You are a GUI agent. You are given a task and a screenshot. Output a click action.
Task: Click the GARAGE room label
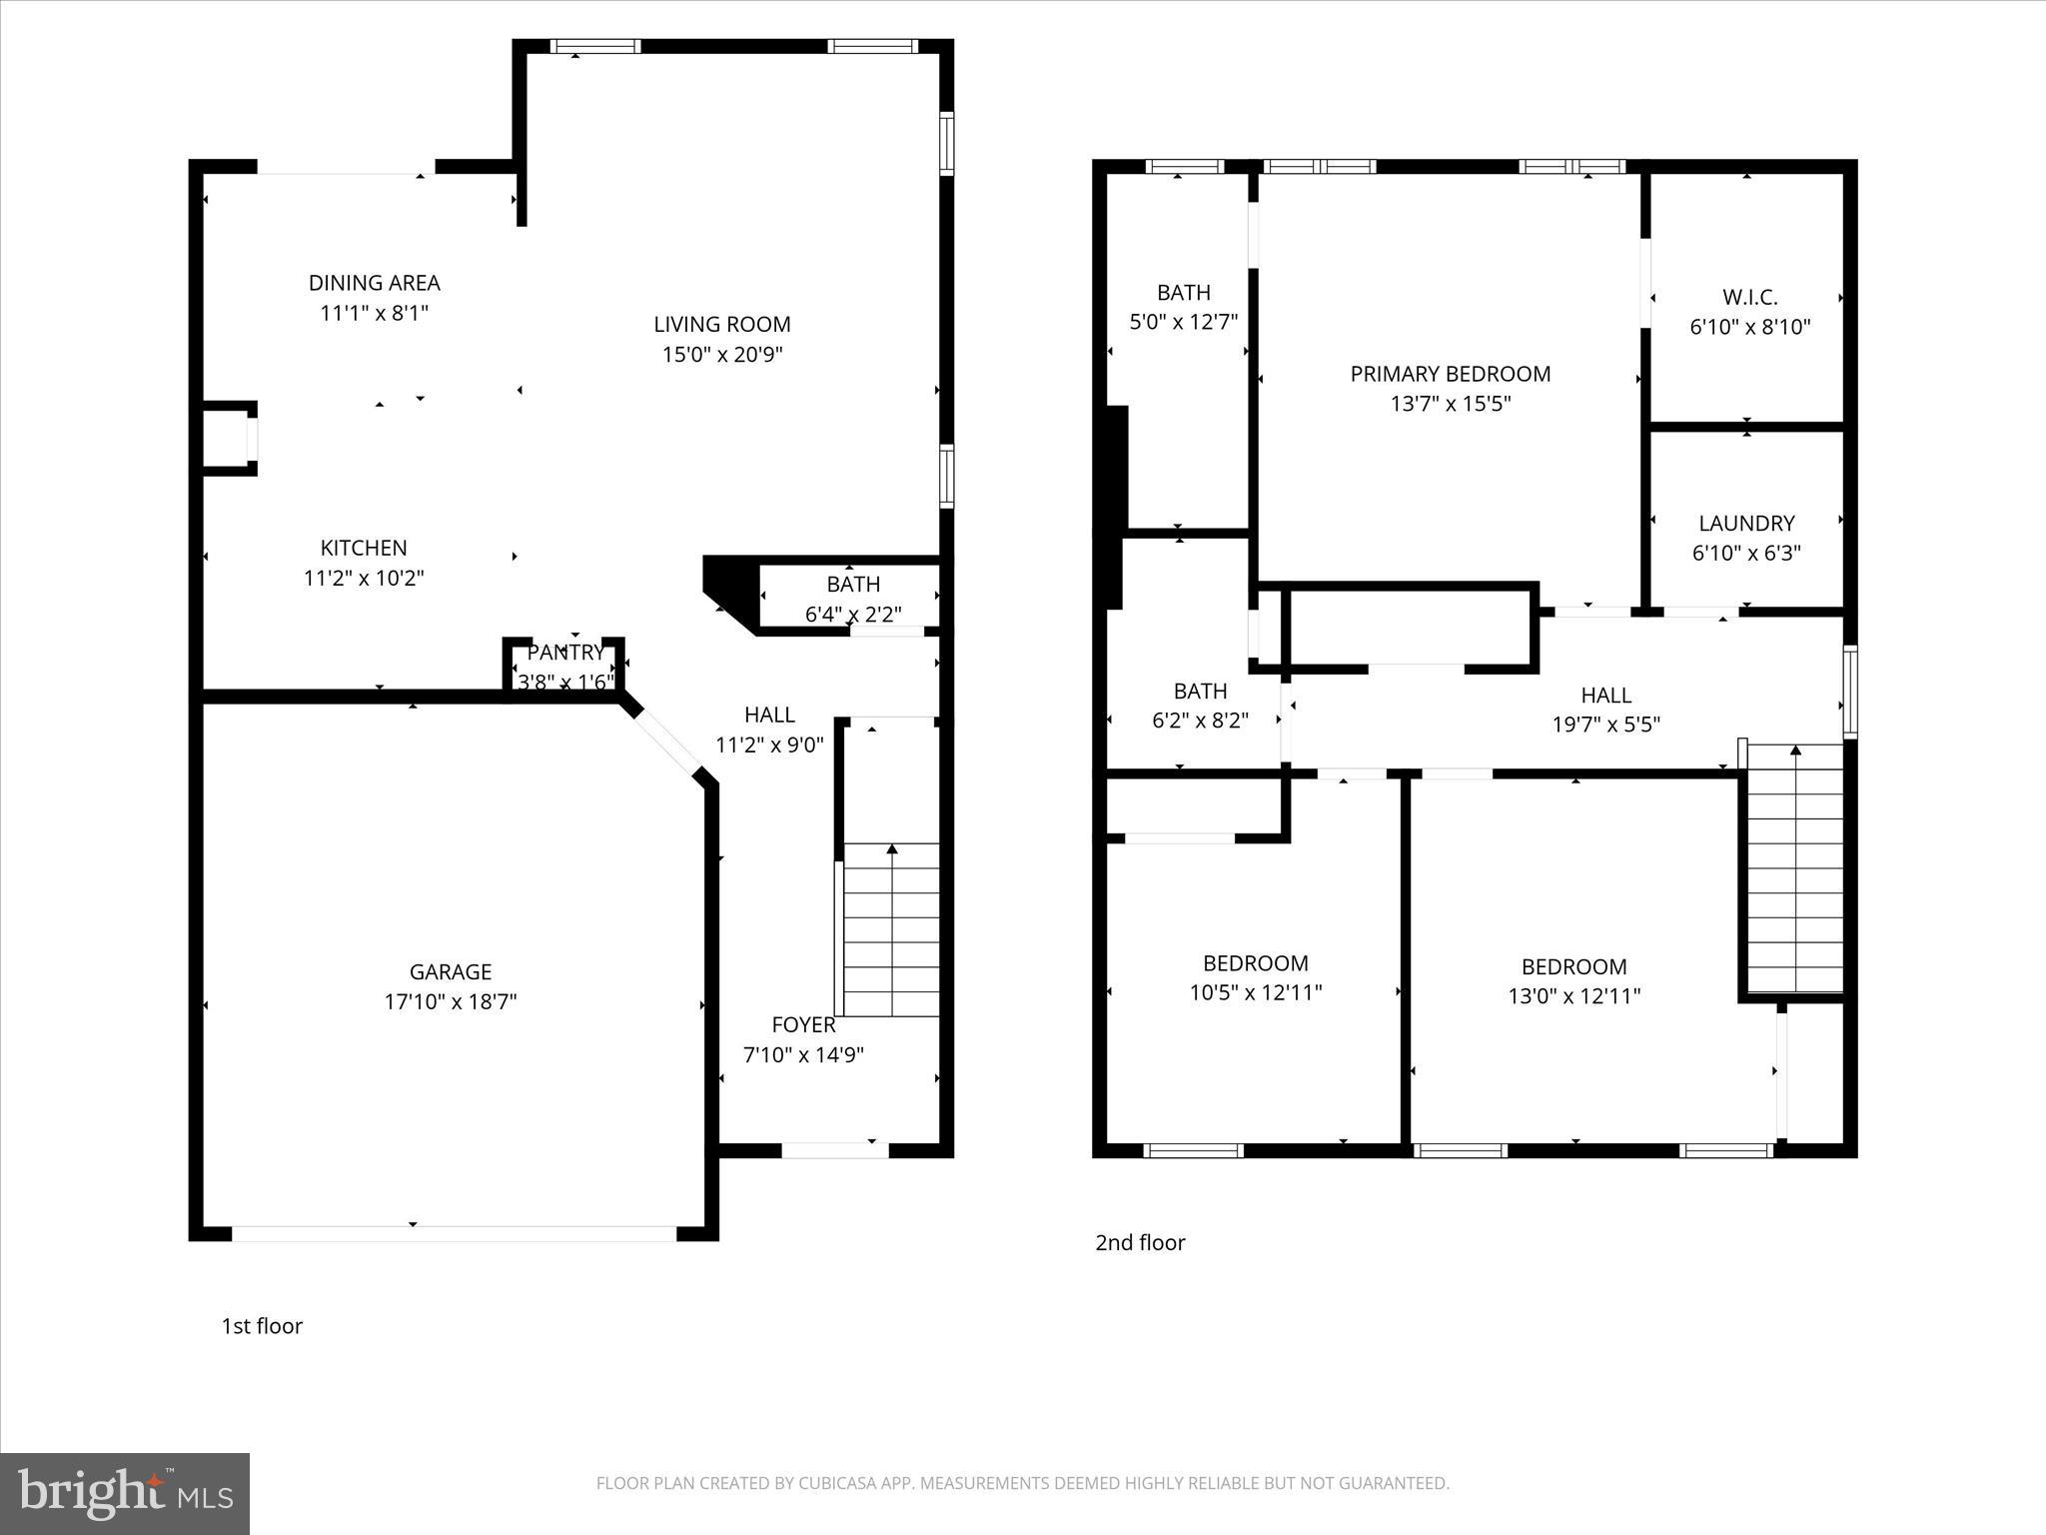(451, 971)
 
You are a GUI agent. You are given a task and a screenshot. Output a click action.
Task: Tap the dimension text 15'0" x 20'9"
(722, 354)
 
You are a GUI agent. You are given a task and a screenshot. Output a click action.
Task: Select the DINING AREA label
(374, 283)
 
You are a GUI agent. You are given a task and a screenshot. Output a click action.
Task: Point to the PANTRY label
(565, 653)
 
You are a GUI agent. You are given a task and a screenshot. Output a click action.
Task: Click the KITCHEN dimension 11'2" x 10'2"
(364, 578)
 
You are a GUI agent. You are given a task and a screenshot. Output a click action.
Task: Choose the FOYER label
(803, 1024)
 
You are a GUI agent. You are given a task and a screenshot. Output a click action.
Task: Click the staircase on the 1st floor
(891, 929)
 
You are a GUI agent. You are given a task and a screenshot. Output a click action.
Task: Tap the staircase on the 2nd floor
(1794, 869)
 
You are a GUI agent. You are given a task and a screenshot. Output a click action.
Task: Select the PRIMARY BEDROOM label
(1450, 374)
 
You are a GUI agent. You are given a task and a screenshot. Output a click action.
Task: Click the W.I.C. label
(1749, 297)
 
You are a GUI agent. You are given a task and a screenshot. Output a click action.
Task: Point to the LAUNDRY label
(1746, 523)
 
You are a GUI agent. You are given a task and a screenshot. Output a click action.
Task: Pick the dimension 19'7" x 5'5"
(1605, 725)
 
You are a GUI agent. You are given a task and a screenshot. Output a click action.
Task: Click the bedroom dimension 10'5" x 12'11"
(1255, 992)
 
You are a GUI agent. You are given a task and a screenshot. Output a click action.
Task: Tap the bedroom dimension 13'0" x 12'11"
(1573, 995)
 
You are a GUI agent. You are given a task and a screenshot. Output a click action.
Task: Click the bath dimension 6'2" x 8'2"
(1200, 721)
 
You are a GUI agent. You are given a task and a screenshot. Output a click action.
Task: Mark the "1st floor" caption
(262, 1325)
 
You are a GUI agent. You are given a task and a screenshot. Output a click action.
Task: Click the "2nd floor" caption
(1140, 1242)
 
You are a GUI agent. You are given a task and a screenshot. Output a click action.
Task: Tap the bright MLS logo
(125, 1493)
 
